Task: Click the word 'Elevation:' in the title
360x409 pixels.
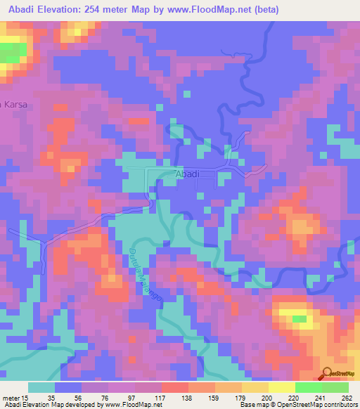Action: pyautogui.click(x=72, y=10)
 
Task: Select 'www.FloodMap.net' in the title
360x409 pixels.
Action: pyautogui.click(x=212, y=10)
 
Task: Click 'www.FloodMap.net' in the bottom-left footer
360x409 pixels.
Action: pyautogui.click(x=132, y=405)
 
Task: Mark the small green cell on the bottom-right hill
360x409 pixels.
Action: pyautogui.click(x=300, y=319)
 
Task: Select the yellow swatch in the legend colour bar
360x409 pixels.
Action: pyautogui.click(x=255, y=387)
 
